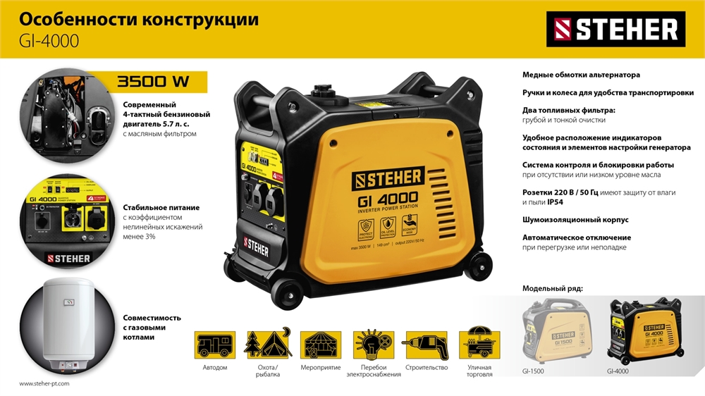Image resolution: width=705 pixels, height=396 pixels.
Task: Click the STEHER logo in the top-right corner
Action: (x=615, y=29)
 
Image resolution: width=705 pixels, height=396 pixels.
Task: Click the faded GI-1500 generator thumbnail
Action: (x=554, y=331)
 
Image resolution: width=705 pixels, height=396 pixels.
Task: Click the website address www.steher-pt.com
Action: (x=44, y=384)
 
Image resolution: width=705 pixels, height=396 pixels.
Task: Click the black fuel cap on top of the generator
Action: (x=326, y=93)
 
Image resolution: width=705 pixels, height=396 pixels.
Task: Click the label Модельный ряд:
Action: (x=553, y=289)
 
